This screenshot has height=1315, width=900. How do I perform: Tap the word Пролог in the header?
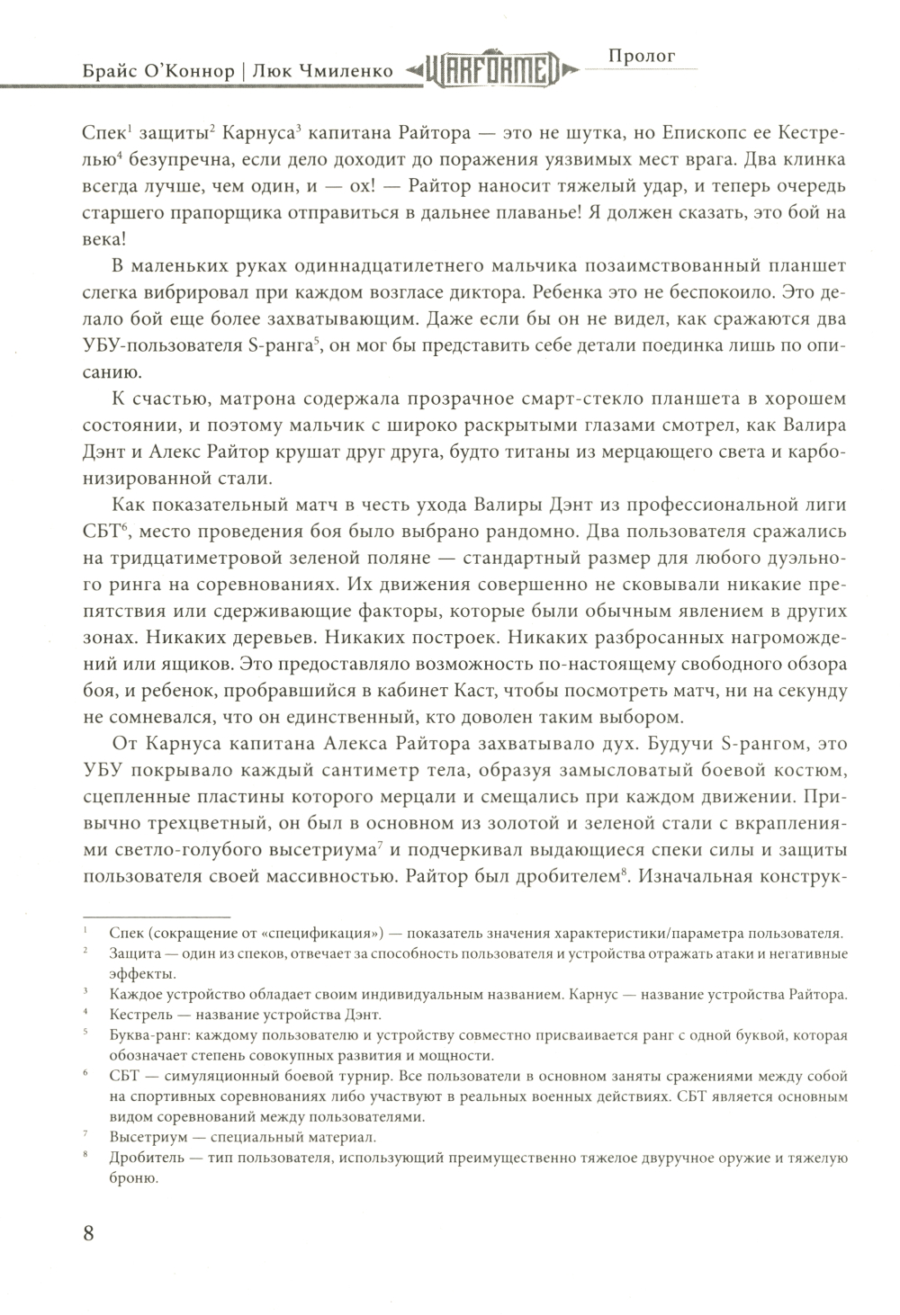coord(643,56)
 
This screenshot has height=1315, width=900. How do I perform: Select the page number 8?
coord(88,1233)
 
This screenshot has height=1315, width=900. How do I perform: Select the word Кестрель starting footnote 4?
coord(140,1014)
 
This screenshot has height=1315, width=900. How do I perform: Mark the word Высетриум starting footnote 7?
coord(148,1137)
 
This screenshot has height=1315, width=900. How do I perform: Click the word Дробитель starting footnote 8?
coord(147,1158)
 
